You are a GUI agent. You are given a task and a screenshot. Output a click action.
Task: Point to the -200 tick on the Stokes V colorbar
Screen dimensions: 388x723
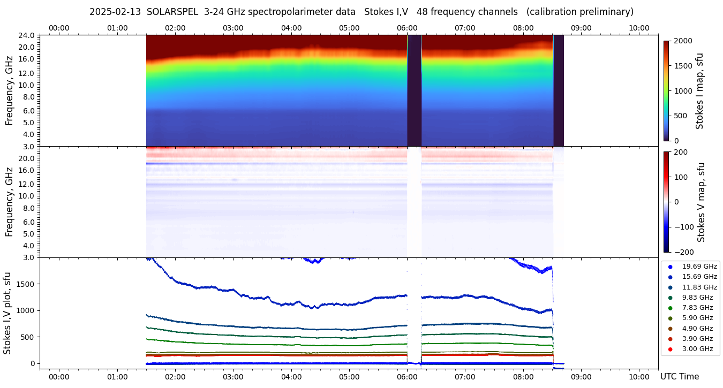coord(683,252)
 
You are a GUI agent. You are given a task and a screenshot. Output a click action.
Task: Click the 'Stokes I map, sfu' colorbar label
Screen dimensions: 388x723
coord(700,91)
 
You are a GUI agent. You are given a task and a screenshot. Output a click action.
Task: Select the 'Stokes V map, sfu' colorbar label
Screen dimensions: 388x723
coord(701,202)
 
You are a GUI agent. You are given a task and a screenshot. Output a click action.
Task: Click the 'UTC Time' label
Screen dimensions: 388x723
coord(679,377)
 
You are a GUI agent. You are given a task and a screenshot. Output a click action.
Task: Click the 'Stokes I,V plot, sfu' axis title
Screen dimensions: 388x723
coord(7,313)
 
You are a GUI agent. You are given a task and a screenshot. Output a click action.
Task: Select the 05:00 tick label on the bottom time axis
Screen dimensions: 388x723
coord(349,377)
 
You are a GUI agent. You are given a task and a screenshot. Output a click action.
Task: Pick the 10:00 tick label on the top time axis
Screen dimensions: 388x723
coord(639,28)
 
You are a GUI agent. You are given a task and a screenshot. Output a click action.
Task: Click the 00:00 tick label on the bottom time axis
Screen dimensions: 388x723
coord(59,377)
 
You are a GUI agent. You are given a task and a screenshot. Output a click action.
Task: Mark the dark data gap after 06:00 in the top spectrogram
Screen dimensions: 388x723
coord(414,91)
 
